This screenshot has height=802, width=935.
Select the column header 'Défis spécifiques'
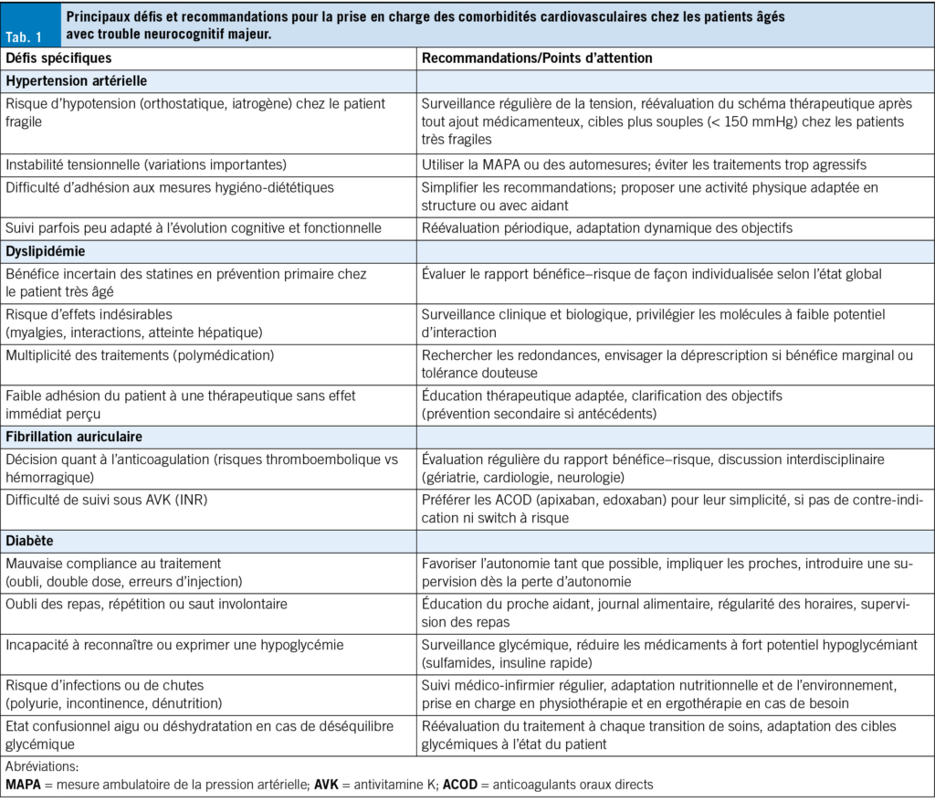pos(59,58)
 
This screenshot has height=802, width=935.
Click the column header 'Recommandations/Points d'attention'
pos(537,58)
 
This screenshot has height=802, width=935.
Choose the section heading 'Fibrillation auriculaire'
pos(74,437)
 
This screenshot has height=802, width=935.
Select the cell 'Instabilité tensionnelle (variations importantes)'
pos(146,164)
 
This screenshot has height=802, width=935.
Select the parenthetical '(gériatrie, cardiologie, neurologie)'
pos(522,477)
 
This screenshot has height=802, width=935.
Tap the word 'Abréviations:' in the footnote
pos(42,767)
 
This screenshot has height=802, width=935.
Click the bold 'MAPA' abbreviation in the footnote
pos(24,784)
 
